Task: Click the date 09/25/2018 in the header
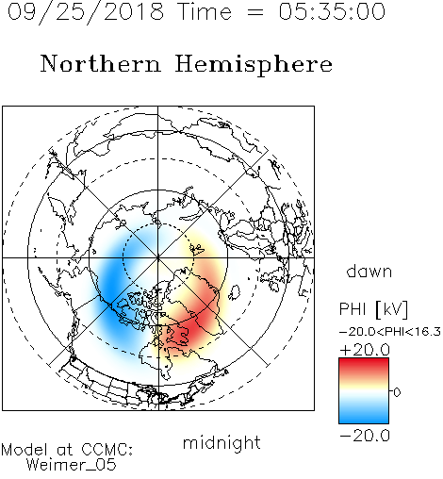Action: click(x=86, y=12)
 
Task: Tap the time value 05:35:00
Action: click(x=332, y=11)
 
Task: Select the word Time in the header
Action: click(x=205, y=11)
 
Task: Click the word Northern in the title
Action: click(x=101, y=63)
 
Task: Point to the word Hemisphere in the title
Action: click(x=254, y=65)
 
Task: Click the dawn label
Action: click(x=369, y=271)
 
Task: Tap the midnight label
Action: click(x=221, y=443)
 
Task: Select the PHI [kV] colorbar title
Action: click(x=373, y=309)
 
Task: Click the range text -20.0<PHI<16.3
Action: click(x=390, y=332)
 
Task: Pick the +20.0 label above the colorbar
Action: click(x=365, y=350)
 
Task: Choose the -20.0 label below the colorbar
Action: click(x=365, y=436)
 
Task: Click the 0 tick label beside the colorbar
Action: click(x=397, y=392)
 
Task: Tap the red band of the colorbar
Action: click(x=364, y=366)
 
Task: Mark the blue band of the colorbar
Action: click(x=364, y=415)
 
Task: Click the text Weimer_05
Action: click(x=71, y=465)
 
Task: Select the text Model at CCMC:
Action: click(x=67, y=450)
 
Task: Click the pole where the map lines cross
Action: click(x=158, y=257)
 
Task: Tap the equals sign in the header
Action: click(x=255, y=12)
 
